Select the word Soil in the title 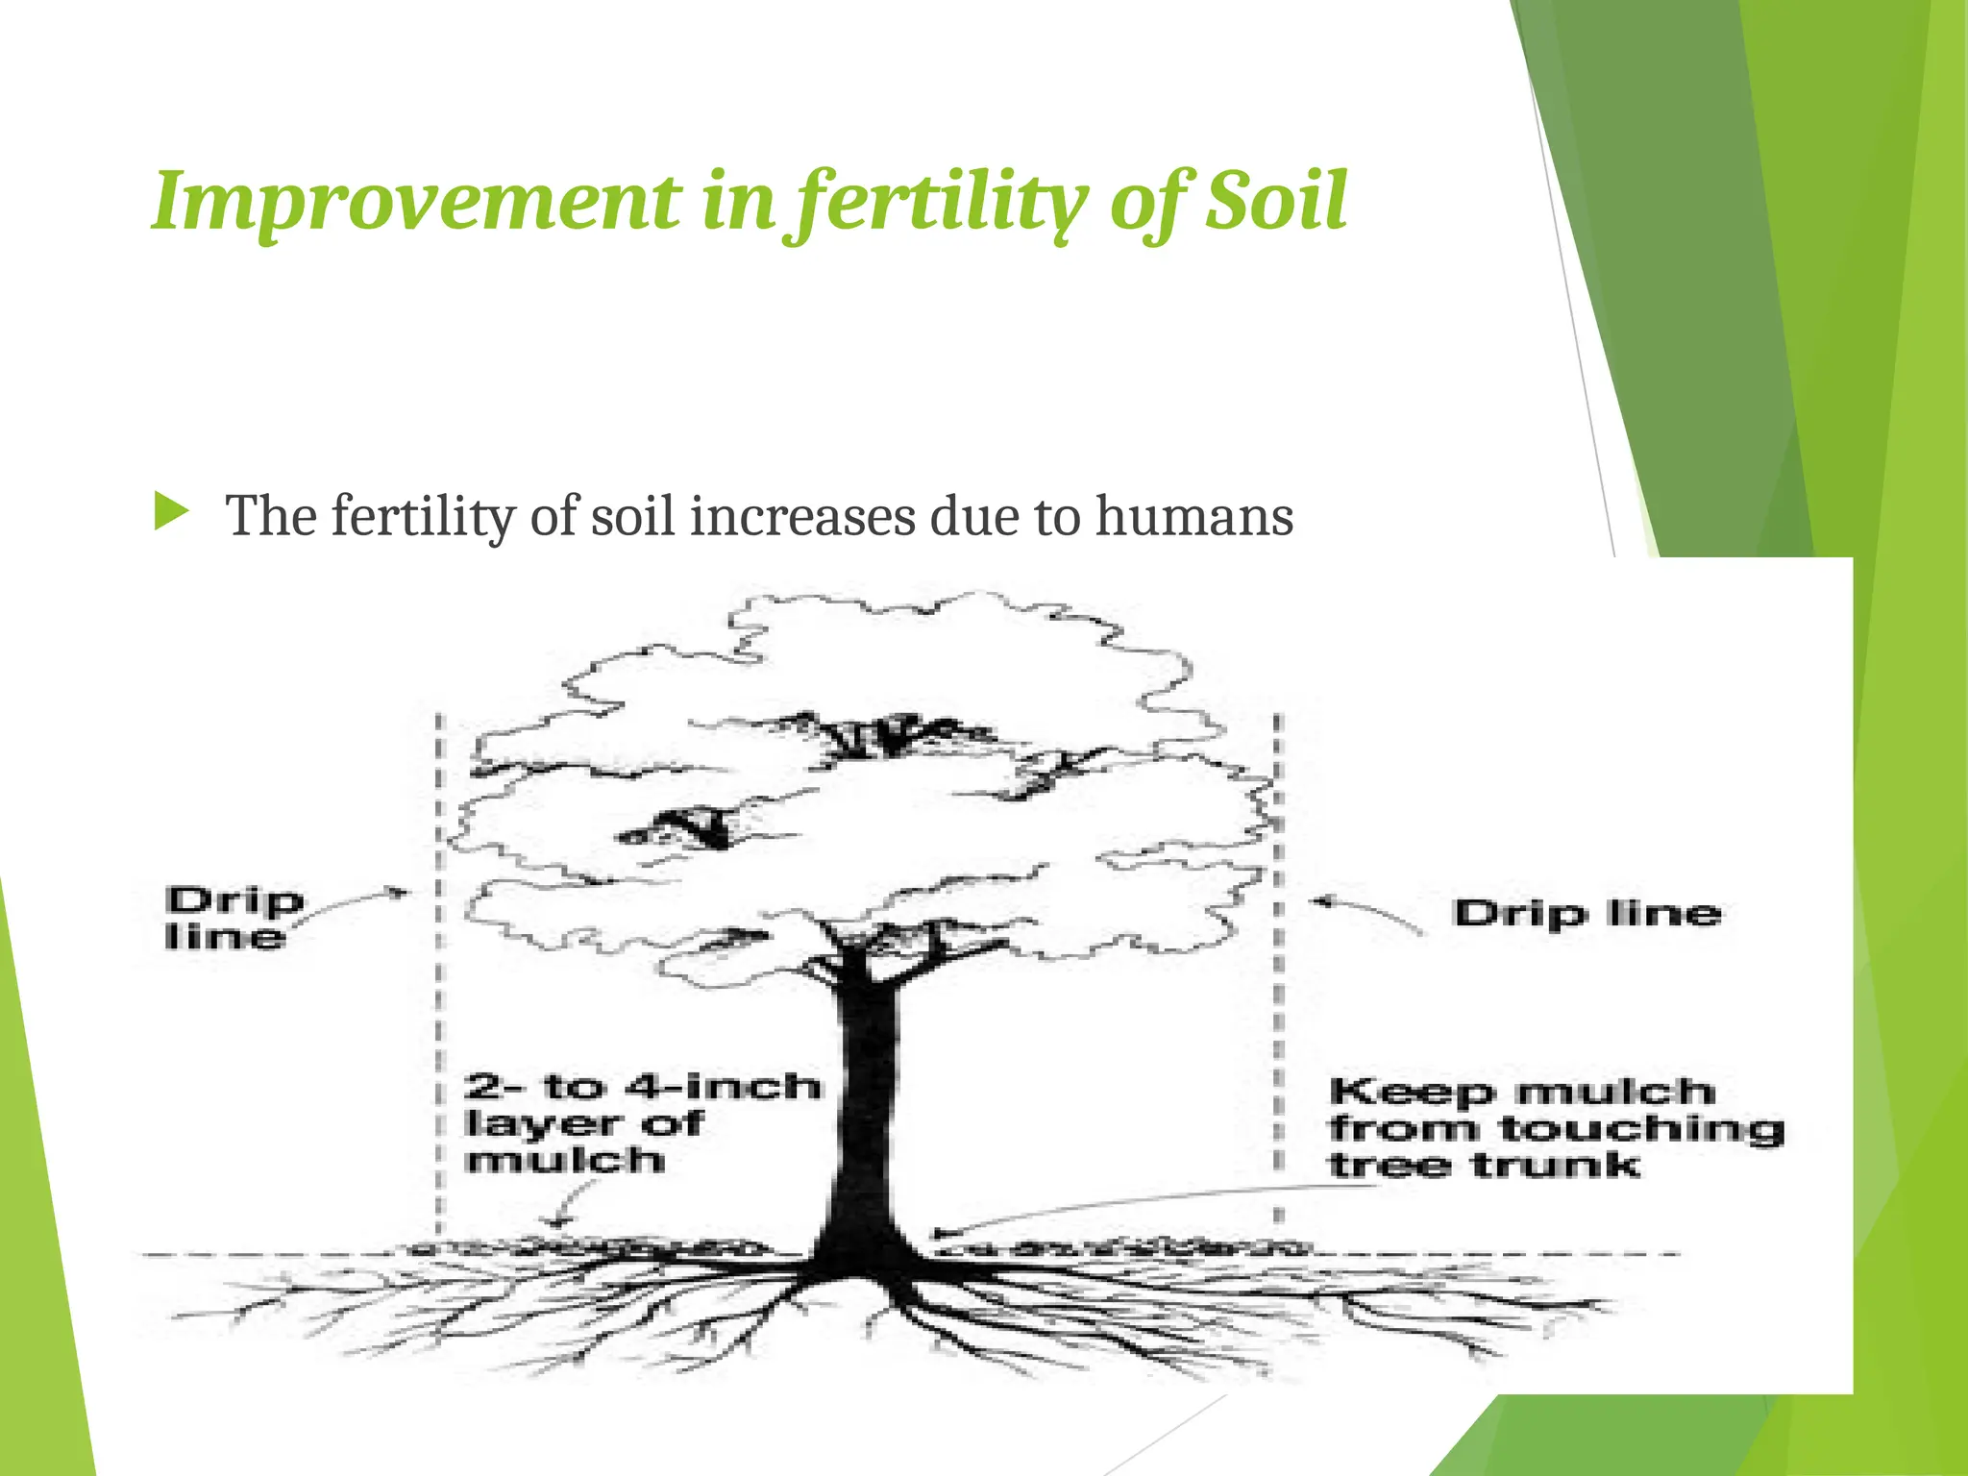coord(1276,202)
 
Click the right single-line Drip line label coord(1587,913)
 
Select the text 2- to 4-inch coord(643,1087)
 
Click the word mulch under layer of coord(564,1160)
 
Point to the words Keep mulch coord(1521,1092)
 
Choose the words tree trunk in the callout coord(1484,1166)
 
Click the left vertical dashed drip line coord(438,980)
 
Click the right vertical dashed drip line coord(1277,980)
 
